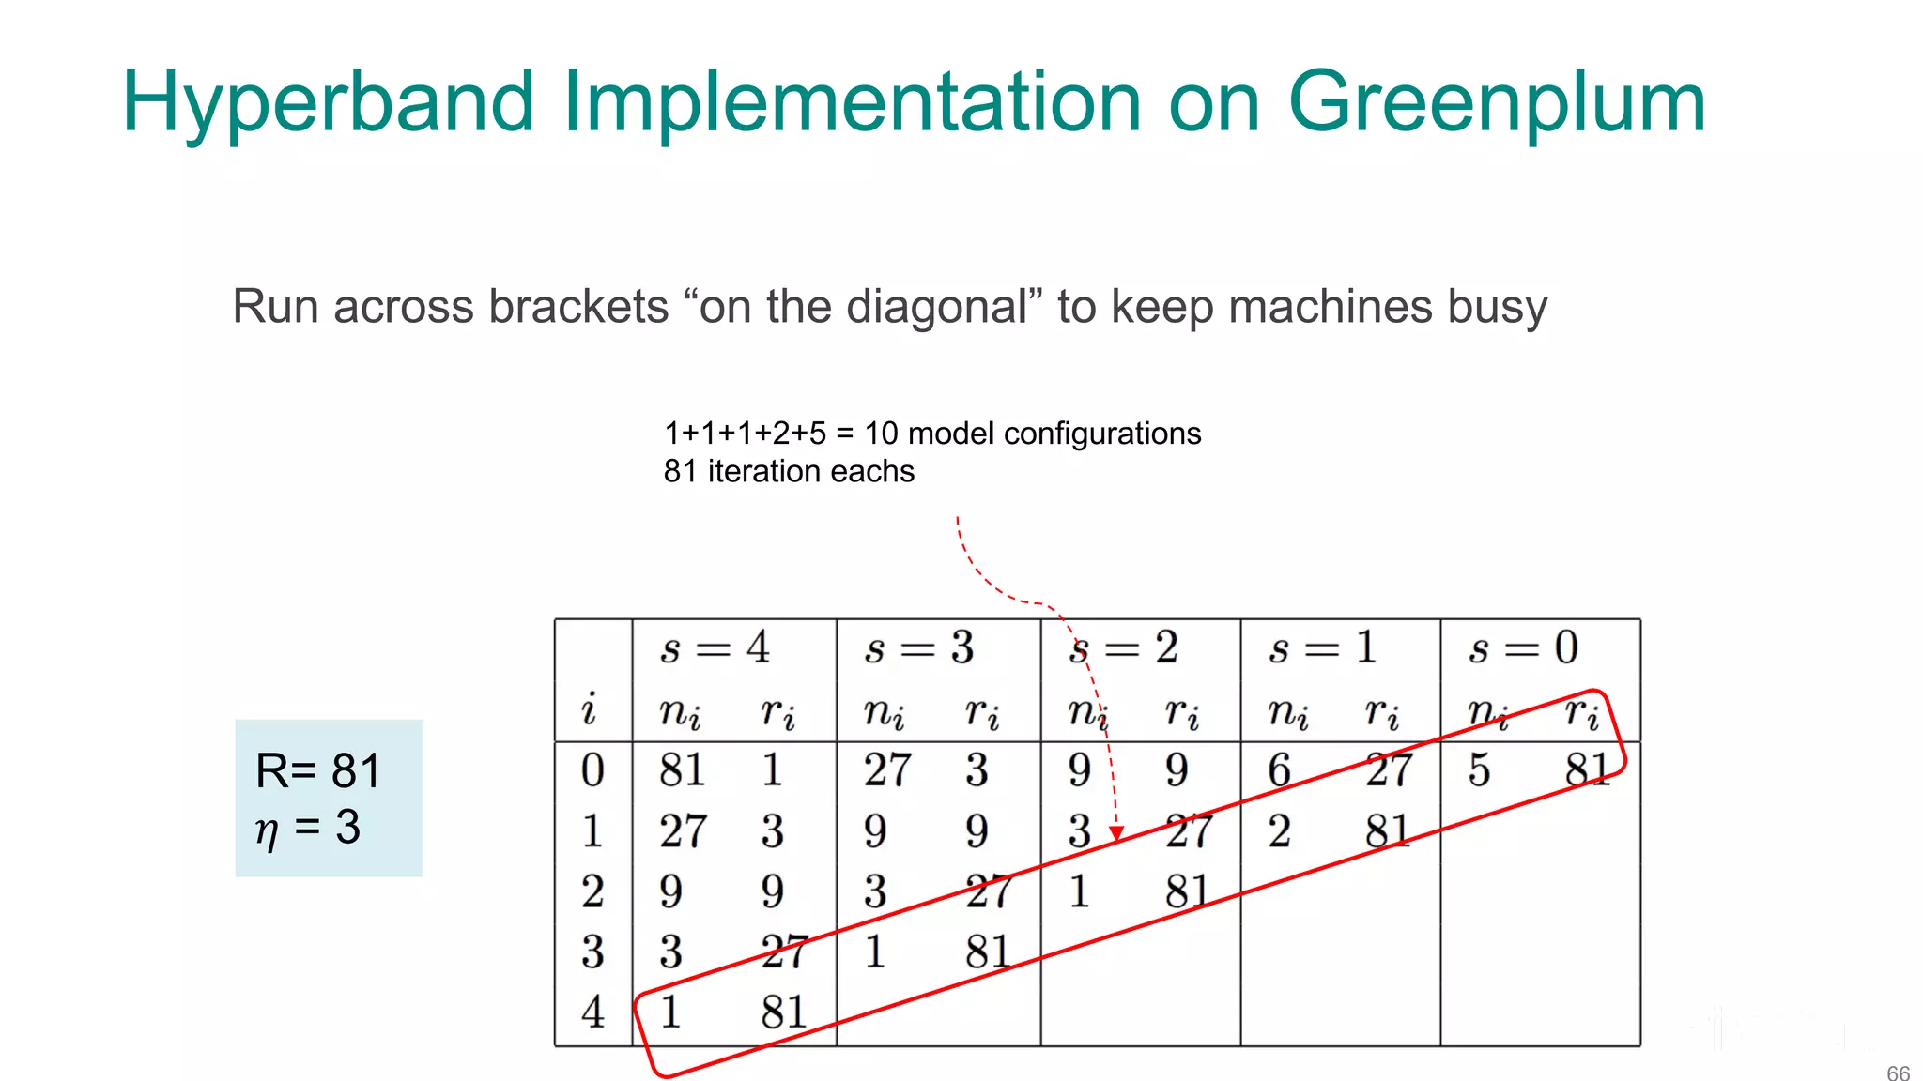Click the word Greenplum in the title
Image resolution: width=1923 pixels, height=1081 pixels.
1497,103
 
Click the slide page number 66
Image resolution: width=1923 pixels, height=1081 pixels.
1898,1073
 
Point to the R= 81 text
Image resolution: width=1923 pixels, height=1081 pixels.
318,771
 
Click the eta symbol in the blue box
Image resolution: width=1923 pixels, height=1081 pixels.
267,830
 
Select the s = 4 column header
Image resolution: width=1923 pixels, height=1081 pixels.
715,647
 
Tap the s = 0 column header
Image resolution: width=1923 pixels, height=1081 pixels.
1523,647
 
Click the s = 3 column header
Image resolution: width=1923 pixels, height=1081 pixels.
918,647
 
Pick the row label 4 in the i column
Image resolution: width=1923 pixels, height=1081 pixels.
592,1012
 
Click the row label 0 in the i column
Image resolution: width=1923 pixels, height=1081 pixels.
592,770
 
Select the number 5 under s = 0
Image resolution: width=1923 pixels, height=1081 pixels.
1479,770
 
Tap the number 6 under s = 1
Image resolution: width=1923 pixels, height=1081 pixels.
1279,770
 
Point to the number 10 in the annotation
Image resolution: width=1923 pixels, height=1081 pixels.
881,434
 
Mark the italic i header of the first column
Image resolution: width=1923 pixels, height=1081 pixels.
589,708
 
